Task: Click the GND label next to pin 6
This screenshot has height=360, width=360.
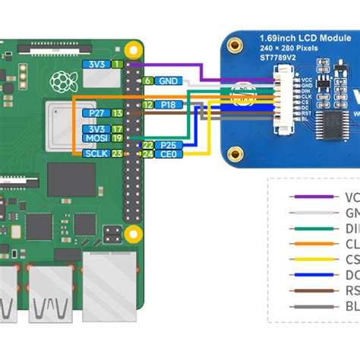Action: point(169,81)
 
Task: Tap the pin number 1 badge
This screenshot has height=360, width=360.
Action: point(117,65)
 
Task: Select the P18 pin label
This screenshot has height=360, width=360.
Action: point(169,105)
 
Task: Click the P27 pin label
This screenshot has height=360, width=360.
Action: point(96,113)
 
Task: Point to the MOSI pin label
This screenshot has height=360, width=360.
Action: point(96,138)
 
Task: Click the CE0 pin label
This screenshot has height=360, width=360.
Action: point(169,154)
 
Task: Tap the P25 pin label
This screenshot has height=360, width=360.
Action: point(169,144)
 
